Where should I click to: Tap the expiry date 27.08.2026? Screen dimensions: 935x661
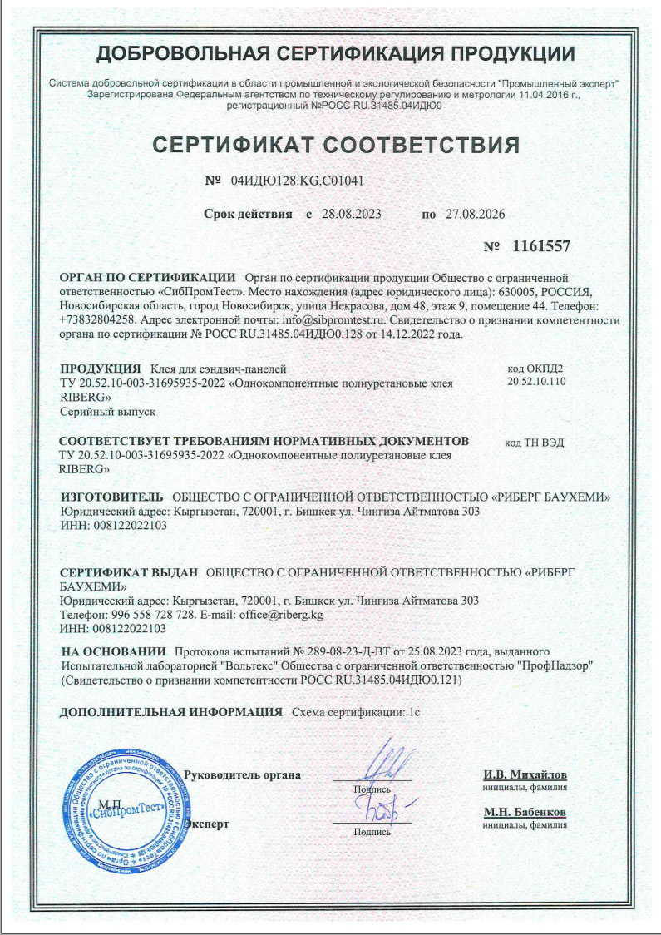pos(475,214)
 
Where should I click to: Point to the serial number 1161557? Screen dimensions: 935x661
pos(541,246)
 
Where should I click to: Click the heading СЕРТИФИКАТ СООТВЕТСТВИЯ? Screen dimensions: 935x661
pos(336,146)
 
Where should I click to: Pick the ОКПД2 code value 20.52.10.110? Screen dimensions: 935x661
pos(536,382)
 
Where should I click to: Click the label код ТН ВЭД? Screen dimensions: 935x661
pos(535,442)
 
